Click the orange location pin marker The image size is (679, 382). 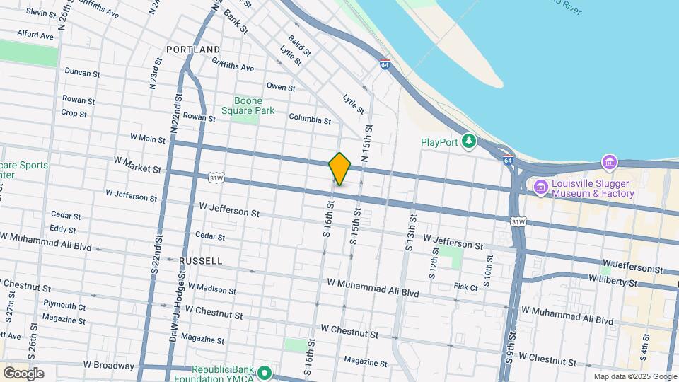click(x=339, y=168)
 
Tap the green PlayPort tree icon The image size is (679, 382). click(x=468, y=141)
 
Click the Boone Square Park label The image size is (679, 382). click(x=248, y=105)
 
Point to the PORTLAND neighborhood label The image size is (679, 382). click(x=193, y=50)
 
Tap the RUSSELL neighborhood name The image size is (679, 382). click(x=200, y=261)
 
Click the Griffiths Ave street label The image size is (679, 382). click(x=233, y=68)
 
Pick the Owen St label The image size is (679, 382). click(x=280, y=87)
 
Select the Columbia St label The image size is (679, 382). click(x=309, y=120)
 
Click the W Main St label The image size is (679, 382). click(x=149, y=139)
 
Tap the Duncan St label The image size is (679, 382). click(x=83, y=71)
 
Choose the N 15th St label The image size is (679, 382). click(x=366, y=145)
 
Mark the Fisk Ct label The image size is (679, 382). click(x=466, y=287)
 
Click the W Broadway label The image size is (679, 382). click(x=108, y=366)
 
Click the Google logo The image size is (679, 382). click(x=23, y=373)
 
